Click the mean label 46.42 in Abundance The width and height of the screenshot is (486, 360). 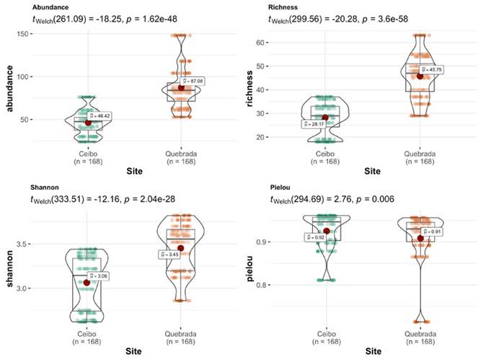pyautogui.click(x=100, y=115)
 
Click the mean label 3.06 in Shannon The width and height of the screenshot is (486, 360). pyautogui.click(x=100, y=276)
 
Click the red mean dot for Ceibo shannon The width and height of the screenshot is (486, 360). pyautogui.click(x=88, y=283)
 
